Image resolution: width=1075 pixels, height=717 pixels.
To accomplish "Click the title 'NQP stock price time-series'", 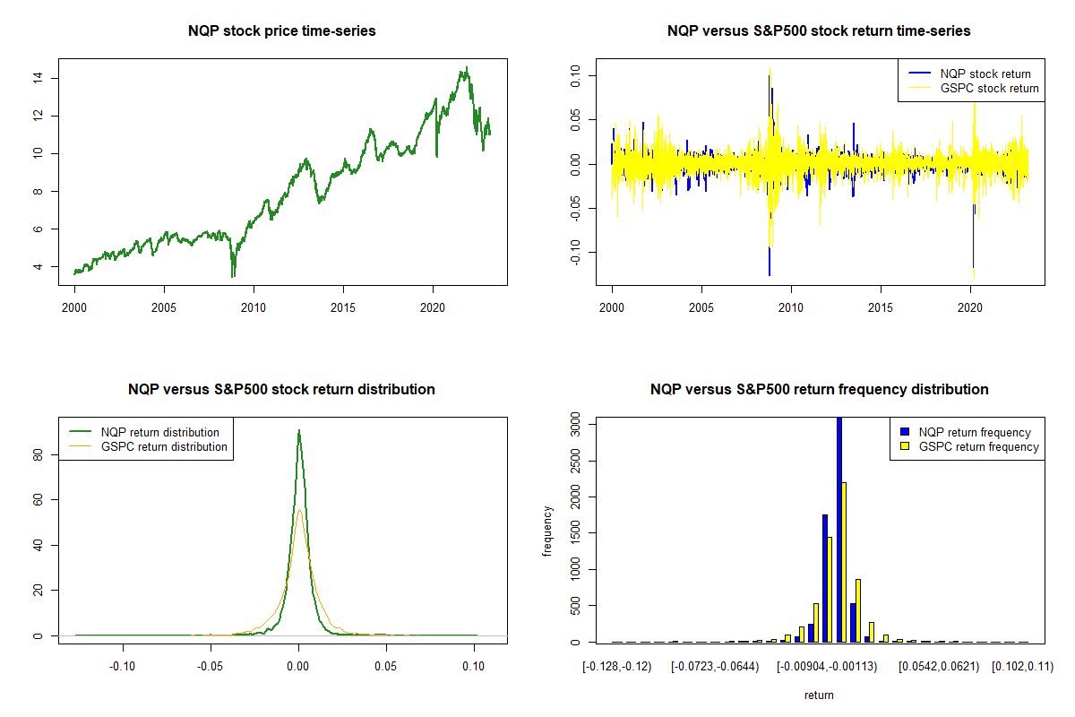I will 281,31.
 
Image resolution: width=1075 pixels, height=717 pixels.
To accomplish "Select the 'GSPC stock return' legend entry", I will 989,88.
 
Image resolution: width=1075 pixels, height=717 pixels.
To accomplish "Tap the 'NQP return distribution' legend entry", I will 160,432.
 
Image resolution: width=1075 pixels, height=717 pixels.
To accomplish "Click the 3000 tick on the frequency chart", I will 576,428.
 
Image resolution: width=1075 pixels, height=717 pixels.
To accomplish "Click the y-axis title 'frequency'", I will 548,531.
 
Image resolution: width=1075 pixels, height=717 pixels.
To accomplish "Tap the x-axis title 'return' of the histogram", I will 819,695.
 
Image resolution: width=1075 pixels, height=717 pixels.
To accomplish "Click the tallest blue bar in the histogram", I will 839,529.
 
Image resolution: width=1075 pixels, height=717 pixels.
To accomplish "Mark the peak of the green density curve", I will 298,431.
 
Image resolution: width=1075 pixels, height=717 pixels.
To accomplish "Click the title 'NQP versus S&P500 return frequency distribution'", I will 819,390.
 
